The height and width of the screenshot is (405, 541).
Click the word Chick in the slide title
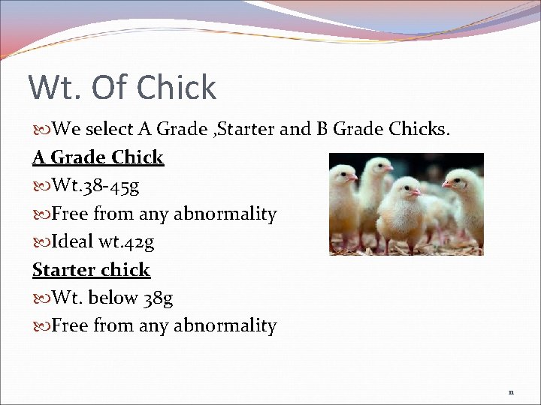(x=178, y=88)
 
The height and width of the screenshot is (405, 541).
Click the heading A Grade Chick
(x=98, y=157)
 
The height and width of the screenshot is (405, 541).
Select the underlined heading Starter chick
(x=91, y=270)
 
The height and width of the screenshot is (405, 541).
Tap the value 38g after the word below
(x=158, y=298)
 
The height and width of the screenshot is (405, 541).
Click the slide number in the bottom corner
(x=511, y=391)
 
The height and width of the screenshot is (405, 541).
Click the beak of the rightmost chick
(x=446, y=183)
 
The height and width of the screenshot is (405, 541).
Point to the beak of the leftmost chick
(x=354, y=178)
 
